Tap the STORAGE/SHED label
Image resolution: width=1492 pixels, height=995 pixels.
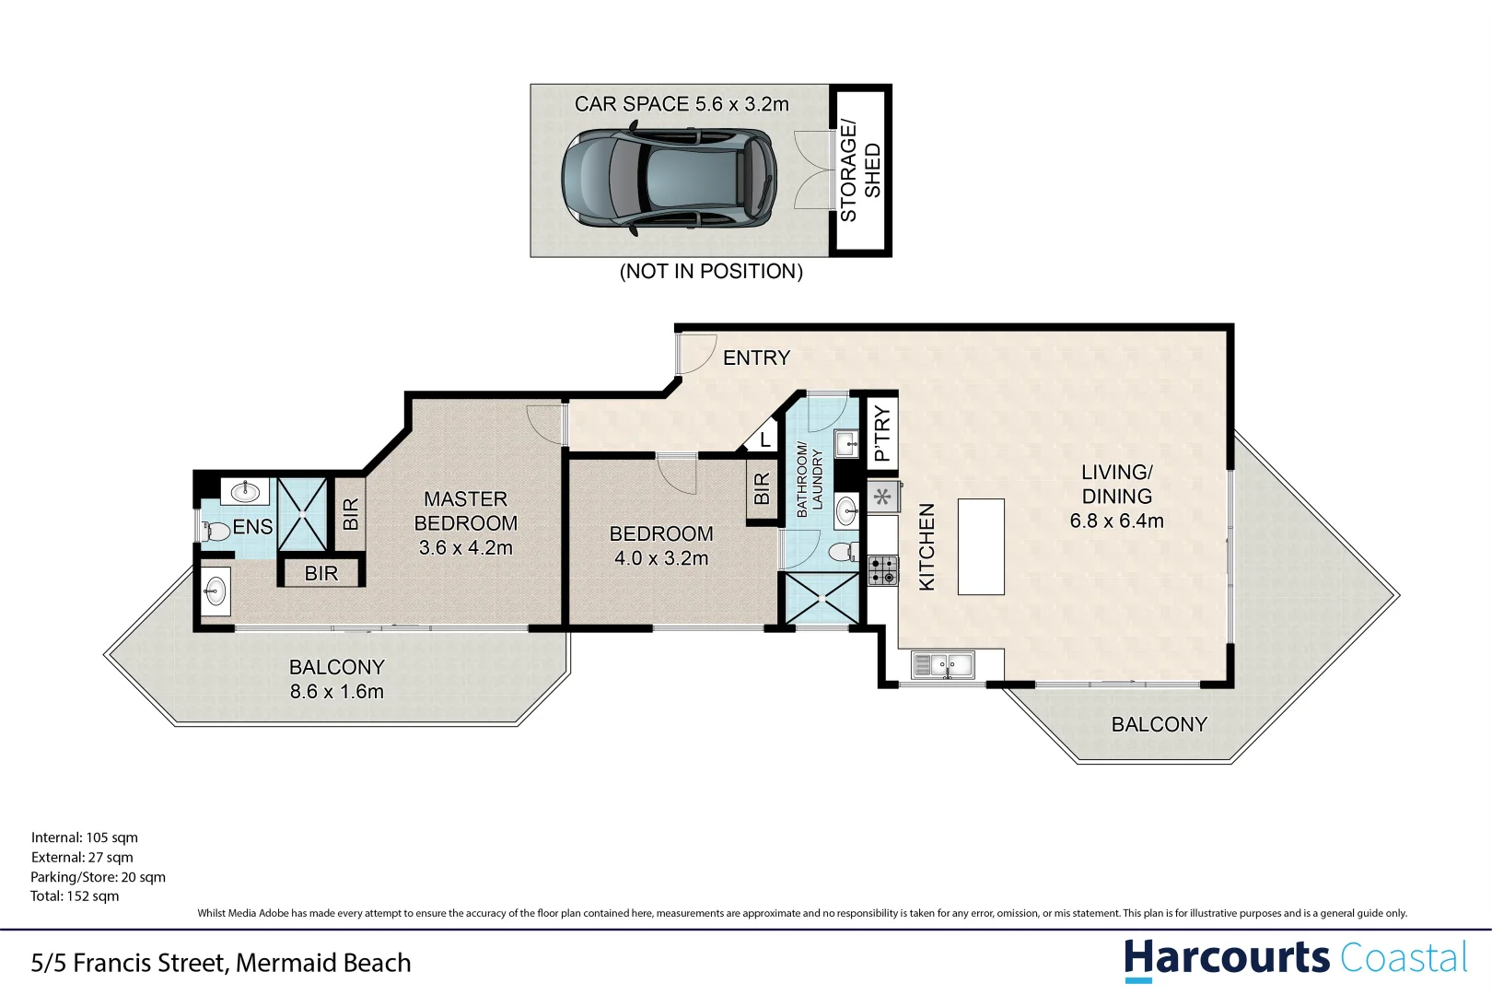tap(860, 171)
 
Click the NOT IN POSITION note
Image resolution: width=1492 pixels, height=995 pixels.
tap(711, 272)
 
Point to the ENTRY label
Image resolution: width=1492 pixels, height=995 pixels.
tap(756, 357)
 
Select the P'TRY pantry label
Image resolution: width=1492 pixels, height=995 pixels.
tap(882, 433)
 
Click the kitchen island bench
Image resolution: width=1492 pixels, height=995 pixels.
tap(981, 546)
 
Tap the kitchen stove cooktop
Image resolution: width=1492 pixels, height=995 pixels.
tap(883, 570)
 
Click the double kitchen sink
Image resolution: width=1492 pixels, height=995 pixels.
tap(942, 664)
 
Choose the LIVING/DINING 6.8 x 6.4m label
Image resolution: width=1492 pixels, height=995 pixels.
tap(1116, 497)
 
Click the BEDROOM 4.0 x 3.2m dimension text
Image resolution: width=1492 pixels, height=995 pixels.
tap(661, 558)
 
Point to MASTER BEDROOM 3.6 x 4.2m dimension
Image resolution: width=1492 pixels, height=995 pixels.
tap(465, 547)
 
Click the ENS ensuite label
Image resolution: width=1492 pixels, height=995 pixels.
tap(252, 527)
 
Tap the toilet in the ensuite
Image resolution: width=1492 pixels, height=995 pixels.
tap(216, 531)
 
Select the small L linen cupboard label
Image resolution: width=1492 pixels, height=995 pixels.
tap(764, 440)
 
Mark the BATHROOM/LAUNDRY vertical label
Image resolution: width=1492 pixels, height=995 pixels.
tap(810, 480)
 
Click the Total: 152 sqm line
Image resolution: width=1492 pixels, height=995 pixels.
tap(75, 896)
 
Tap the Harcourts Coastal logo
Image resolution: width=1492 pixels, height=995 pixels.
tap(1295, 959)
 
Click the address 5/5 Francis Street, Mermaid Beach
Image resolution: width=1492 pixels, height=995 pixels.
tap(221, 963)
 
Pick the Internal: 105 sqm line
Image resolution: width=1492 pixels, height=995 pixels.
tap(85, 837)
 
